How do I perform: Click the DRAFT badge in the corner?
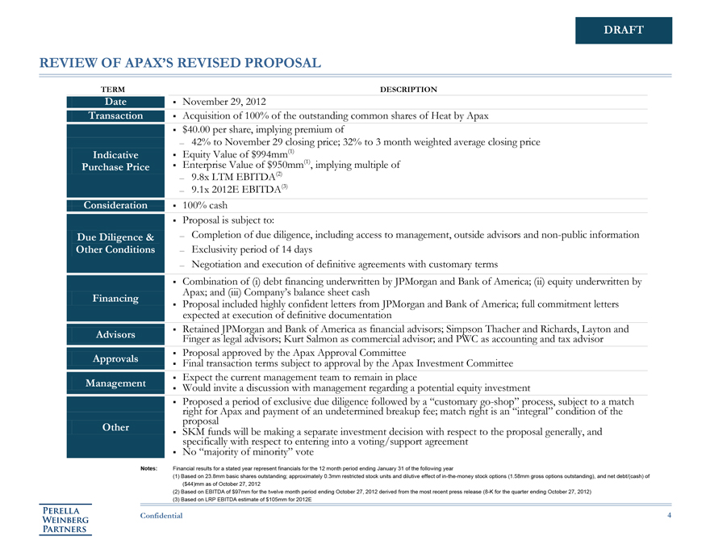(x=624, y=31)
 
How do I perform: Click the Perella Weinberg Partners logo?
(x=68, y=519)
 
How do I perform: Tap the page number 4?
(x=670, y=516)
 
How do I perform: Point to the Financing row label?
(x=115, y=299)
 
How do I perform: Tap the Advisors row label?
(x=115, y=334)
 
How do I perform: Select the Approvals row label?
(x=115, y=358)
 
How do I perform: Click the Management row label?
(x=115, y=383)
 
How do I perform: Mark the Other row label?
(x=115, y=427)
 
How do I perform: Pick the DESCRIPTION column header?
(x=408, y=89)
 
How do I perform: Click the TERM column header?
(x=112, y=89)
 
